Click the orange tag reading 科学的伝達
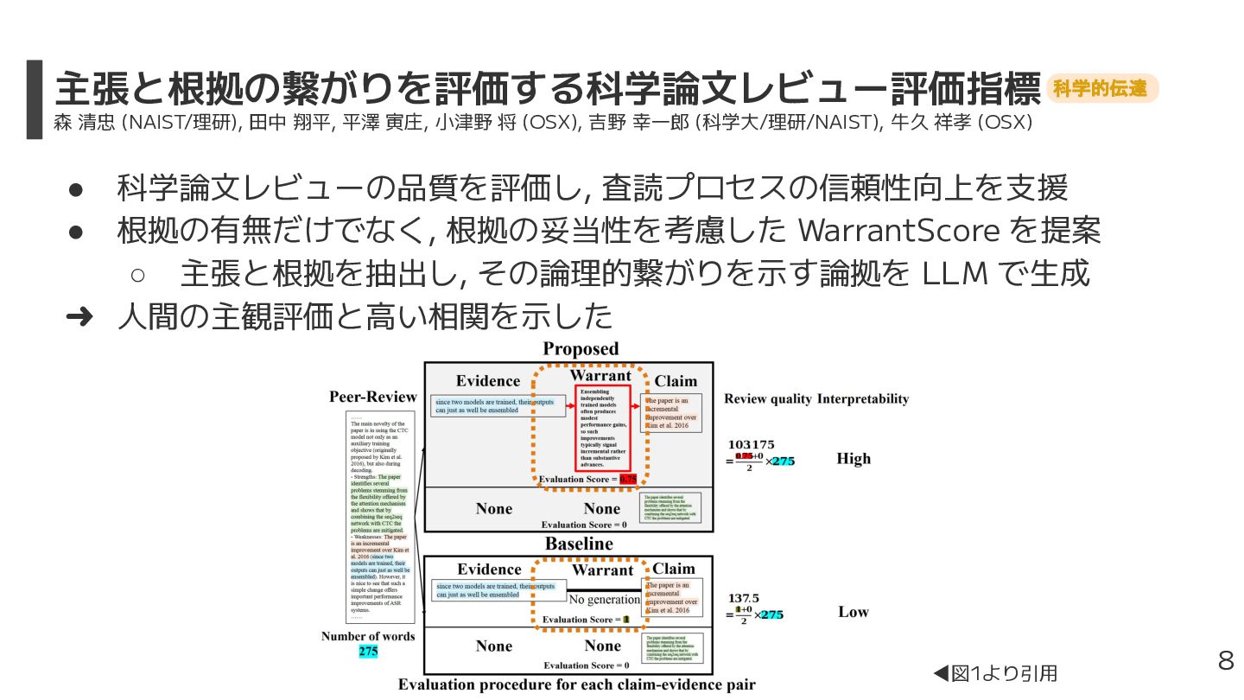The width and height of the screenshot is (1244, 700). pyautogui.click(x=1101, y=88)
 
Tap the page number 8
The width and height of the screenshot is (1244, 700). pyautogui.click(x=1225, y=661)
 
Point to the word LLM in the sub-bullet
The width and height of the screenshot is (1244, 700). pyautogui.click(x=956, y=274)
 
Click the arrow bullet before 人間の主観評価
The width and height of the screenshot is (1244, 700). pyautogui.click(x=79, y=317)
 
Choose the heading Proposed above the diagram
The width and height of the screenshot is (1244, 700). pyautogui.click(x=581, y=349)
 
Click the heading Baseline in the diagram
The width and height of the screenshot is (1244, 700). pyautogui.click(x=579, y=544)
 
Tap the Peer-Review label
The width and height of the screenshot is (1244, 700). pyautogui.click(x=373, y=398)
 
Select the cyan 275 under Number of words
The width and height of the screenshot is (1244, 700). pyautogui.click(x=368, y=652)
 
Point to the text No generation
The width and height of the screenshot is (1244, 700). pyautogui.click(x=605, y=600)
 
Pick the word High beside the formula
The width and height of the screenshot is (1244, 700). pyautogui.click(x=854, y=459)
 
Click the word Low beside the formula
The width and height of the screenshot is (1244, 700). pyautogui.click(x=854, y=612)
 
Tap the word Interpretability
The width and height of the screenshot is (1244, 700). pyautogui.click(x=863, y=398)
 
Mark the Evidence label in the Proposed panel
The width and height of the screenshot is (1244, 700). pyautogui.click(x=488, y=381)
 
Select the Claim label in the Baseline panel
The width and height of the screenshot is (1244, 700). pyautogui.click(x=674, y=569)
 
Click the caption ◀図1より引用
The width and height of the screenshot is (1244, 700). pyautogui.click(x=995, y=673)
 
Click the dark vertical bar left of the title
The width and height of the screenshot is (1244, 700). pyautogui.click(x=34, y=99)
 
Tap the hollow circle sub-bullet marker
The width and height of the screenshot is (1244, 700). pyautogui.click(x=137, y=275)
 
